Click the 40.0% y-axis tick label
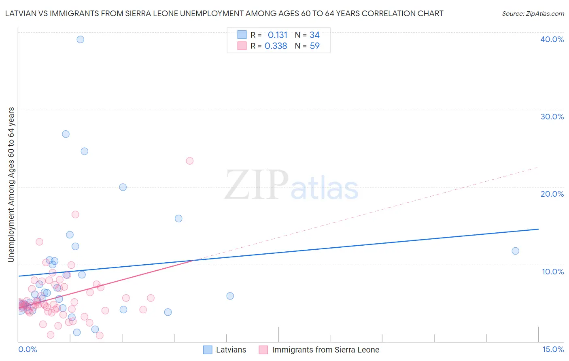[552, 39]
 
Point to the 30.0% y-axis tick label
[552, 117]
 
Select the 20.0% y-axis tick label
[552, 194]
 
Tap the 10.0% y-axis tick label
[553, 272]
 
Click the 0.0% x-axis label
[28, 349]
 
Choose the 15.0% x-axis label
[553, 349]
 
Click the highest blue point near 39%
[81, 39]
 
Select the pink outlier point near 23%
[189, 161]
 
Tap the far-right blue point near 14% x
[515, 251]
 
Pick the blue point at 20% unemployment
[123, 187]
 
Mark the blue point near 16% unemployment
[178, 219]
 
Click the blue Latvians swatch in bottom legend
[208, 350]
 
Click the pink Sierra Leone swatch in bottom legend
[263, 350]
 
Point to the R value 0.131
[277, 35]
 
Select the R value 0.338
[276, 46]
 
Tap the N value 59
[314, 46]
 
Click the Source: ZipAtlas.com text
[533, 14]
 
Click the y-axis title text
[11, 184]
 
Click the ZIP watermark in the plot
[257, 185]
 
